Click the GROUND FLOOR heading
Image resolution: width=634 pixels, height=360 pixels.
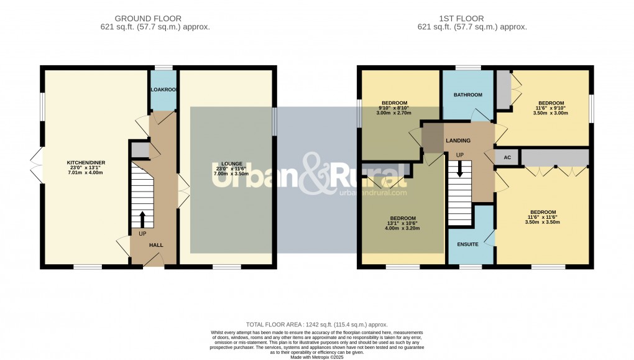coord(155,19)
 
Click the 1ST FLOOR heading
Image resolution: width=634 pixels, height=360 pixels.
coord(472,19)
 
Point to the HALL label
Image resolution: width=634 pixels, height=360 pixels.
coord(155,245)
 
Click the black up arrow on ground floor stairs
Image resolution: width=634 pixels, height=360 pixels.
coord(142,219)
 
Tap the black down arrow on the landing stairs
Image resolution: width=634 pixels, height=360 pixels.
coord(459,168)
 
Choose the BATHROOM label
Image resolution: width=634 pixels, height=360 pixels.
coord(467,95)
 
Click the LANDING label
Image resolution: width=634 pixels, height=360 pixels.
coord(457,141)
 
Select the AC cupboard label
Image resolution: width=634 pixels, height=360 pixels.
coord(507,157)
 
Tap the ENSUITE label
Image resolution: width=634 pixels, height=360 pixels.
coord(467,244)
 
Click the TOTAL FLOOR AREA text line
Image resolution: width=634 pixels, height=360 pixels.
coord(316,325)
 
